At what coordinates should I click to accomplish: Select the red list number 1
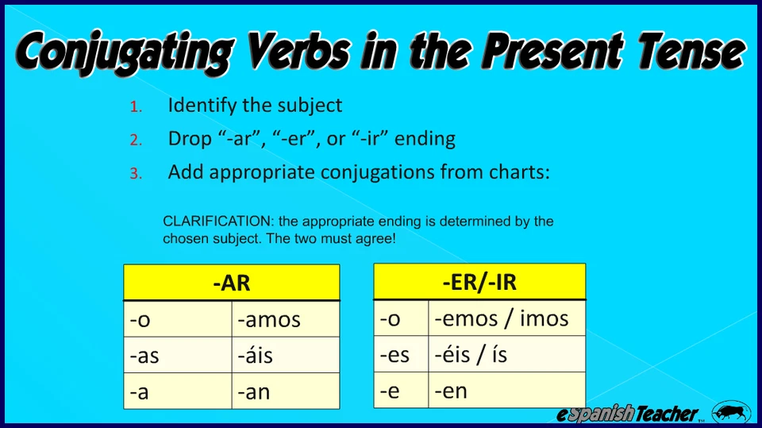click(x=136, y=106)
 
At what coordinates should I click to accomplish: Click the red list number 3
click(x=136, y=174)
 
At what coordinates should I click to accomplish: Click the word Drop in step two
click(x=190, y=139)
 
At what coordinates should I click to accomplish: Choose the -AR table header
click(x=232, y=283)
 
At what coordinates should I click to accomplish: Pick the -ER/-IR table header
click(x=479, y=282)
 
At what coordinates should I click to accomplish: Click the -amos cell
click(x=286, y=319)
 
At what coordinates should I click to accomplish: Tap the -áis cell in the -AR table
click(x=286, y=355)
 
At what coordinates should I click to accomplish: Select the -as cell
click(x=178, y=355)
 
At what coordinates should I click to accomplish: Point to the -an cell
click(x=286, y=391)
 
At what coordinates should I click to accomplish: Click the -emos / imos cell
click(x=507, y=318)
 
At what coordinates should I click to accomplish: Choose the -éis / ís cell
click(x=507, y=354)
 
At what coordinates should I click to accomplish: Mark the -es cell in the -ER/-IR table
click(x=401, y=354)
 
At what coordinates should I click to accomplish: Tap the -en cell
click(x=507, y=390)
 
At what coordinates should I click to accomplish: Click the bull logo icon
click(x=731, y=412)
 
